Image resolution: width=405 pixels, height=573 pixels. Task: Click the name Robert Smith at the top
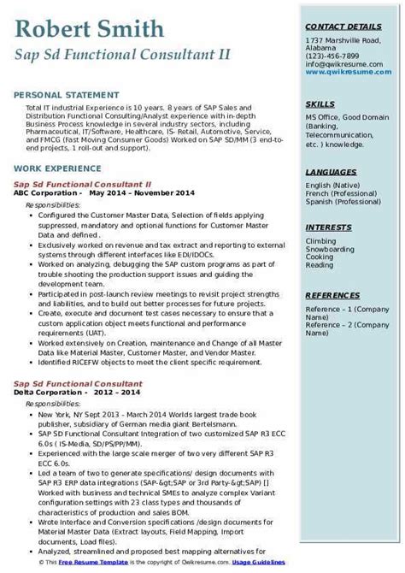click(89, 31)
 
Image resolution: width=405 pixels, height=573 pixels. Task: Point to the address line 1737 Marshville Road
click(344, 42)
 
